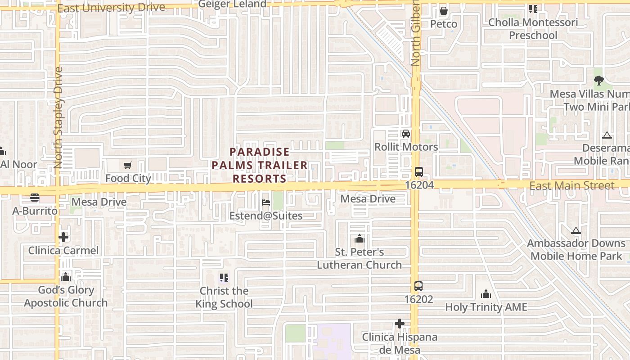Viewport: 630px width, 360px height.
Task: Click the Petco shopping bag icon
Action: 444,10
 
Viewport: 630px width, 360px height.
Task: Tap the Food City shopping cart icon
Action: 128,166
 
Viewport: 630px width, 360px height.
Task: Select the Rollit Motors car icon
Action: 406,134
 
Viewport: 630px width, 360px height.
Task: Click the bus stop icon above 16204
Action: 418,172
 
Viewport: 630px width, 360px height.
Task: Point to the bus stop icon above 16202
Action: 418,286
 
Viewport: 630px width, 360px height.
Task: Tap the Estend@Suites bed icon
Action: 266,202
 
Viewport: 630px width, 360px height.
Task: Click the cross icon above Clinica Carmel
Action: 63,237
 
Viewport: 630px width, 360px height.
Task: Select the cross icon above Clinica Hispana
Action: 400,324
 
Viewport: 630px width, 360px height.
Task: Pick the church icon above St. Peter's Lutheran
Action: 359,238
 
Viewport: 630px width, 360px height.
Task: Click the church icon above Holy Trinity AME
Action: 486,294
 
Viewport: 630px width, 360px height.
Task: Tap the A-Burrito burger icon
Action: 35,198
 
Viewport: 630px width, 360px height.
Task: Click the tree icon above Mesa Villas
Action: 598,81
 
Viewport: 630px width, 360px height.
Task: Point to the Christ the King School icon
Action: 224,278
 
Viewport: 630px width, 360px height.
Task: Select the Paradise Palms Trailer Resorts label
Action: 260,165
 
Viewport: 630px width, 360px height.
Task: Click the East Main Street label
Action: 571,186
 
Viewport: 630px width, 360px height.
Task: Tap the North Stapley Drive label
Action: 58,118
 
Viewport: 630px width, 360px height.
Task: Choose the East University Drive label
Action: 111,8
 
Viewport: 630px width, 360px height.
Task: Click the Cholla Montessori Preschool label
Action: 533,29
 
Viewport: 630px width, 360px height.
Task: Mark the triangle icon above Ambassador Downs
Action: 576,231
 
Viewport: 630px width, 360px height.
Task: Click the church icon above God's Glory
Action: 66,277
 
